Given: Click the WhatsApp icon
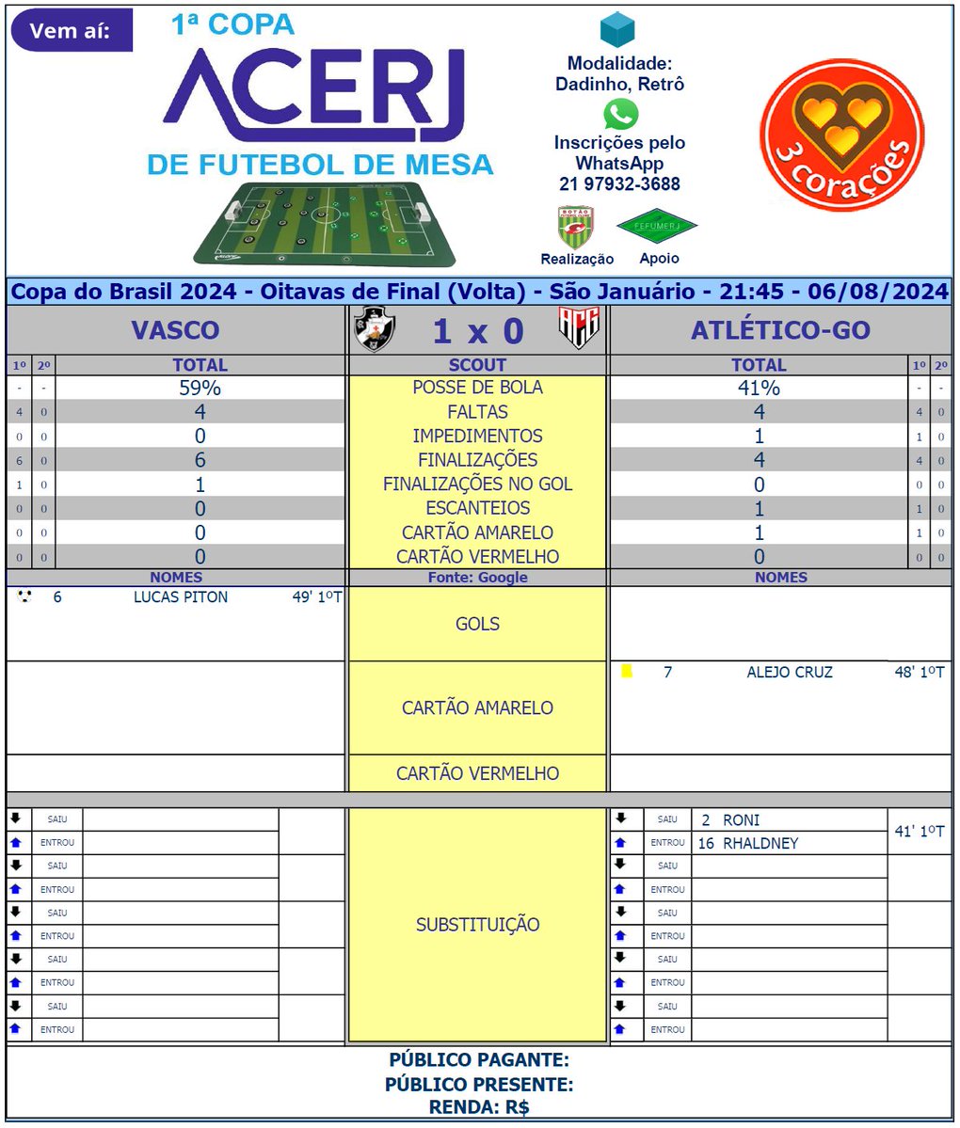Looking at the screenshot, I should [620, 114].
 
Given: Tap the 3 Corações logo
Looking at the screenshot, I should [841, 135].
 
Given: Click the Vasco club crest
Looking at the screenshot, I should [374, 330].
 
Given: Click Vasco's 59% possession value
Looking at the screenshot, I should [200, 388].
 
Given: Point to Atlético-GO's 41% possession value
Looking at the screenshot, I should [759, 388].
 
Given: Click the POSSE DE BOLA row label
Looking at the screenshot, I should [477, 388].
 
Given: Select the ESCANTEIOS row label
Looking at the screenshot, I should [477, 508].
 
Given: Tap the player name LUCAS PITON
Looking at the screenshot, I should [181, 597].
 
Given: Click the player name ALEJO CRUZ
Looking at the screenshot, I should [790, 673].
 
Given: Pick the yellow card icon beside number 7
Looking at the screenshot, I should [627, 672].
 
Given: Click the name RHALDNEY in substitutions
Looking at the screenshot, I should [760, 844].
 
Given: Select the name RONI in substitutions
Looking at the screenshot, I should [741, 820].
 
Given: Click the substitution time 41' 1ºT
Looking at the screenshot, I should [920, 832].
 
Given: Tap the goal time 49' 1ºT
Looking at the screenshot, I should [316, 597].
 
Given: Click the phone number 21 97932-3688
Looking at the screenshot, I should [619, 184].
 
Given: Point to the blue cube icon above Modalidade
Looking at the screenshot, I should [618, 31].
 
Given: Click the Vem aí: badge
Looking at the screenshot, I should [71, 31].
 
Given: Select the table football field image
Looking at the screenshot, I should [326, 223].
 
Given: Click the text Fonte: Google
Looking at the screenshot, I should [477, 578].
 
